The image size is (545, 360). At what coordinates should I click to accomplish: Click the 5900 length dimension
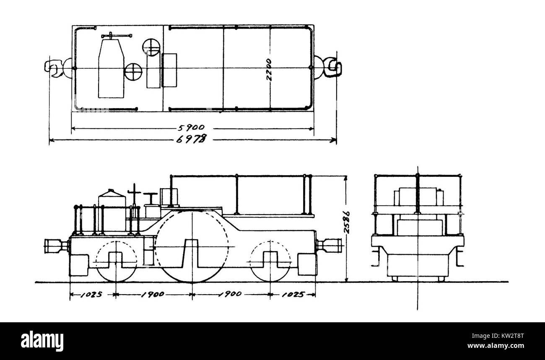[193, 128]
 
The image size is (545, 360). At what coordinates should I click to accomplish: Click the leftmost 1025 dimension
[91, 294]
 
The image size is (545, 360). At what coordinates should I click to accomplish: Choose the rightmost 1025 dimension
[292, 294]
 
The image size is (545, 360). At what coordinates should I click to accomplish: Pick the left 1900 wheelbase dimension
[153, 294]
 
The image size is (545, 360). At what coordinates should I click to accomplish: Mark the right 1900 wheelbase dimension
[230, 294]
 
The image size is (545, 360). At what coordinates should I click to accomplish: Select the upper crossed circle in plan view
[151, 47]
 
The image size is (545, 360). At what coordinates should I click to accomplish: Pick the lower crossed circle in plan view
[133, 71]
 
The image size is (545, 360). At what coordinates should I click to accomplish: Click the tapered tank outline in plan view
[111, 69]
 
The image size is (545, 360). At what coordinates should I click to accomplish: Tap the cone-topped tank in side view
[112, 210]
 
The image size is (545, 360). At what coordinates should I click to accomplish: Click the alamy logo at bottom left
[42, 341]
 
